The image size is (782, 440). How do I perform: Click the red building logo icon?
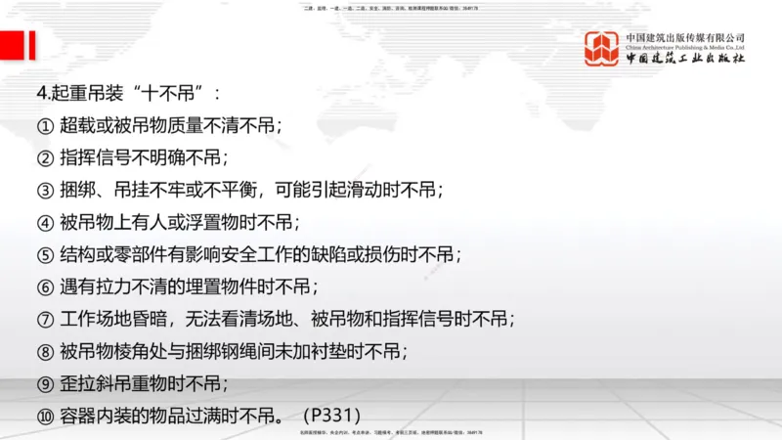click(603, 48)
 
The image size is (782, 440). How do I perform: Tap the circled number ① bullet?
click(44, 126)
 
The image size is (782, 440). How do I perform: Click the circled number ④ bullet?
click(44, 222)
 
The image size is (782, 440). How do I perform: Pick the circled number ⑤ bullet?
click(44, 254)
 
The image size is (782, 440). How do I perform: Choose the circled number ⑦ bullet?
click(44, 319)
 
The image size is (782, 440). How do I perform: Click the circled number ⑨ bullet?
click(44, 382)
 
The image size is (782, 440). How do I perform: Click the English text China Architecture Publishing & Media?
click(685, 46)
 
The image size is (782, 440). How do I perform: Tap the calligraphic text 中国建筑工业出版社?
click(685, 60)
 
